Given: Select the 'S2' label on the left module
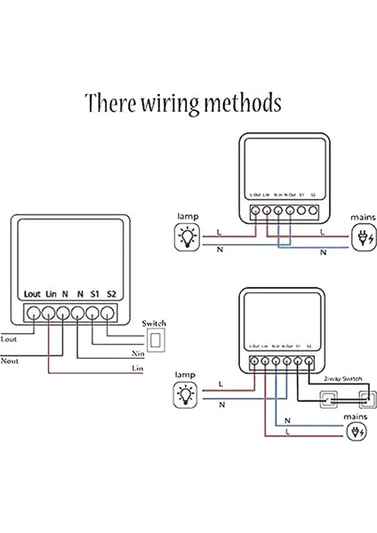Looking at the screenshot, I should (111, 294).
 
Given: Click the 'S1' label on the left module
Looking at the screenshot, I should (95, 294).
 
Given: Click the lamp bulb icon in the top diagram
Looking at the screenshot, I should (188, 236).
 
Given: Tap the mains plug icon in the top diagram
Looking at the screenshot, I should (362, 236).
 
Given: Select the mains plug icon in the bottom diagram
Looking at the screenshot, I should (356, 434).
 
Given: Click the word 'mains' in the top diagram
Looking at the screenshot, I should (363, 216).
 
